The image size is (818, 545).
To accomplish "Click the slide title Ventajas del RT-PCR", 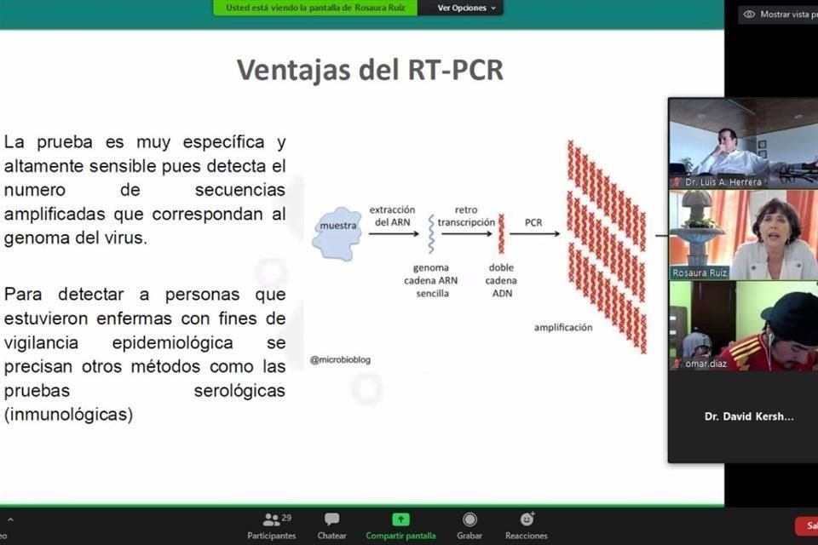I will click(370, 70).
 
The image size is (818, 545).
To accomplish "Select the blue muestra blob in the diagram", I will click(336, 232).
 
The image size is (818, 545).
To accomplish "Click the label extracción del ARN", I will click(392, 215).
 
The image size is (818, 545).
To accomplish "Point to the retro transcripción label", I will click(466, 215).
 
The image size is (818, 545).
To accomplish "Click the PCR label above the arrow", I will click(533, 222).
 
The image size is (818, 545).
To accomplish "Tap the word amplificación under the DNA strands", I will click(562, 327).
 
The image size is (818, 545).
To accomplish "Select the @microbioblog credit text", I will click(340, 360).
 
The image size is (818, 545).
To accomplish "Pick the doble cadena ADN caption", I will click(501, 280).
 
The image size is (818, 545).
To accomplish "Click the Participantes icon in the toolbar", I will click(272, 519).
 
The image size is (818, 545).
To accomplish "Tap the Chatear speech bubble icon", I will click(331, 519).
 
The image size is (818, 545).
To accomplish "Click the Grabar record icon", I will click(469, 519).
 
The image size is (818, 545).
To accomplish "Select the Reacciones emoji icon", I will click(527, 519).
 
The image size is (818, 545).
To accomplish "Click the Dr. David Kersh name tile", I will click(749, 416).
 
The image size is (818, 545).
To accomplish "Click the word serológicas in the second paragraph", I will click(239, 392).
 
